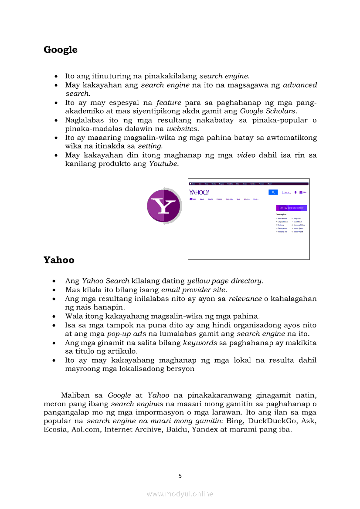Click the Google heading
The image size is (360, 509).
(x=61, y=50)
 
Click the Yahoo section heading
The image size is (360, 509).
(x=59, y=260)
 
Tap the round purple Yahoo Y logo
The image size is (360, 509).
(x=164, y=206)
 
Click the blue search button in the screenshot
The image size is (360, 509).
(x=273, y=192)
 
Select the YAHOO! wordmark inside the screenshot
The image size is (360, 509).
(x=199, y=192)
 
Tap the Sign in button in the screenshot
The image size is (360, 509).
(x=286, y=192)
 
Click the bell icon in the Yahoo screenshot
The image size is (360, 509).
(x=295, y=192)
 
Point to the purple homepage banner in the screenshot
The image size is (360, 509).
(x=292, y=208)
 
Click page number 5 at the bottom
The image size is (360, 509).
(x=180, y=476)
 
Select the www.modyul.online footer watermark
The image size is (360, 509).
(x=180, y=494)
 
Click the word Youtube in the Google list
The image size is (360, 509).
(x=163, y=164)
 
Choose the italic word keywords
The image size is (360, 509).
(x=200, y=343)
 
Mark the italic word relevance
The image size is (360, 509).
(x=245, y=299)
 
